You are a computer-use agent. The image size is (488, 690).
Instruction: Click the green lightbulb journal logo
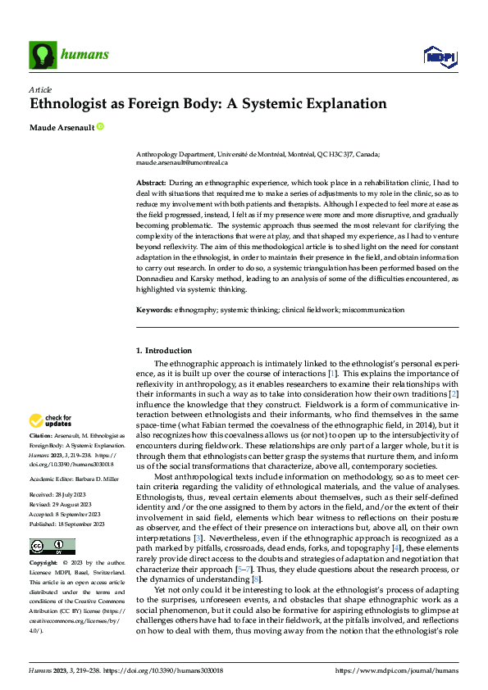[x=42, y=54]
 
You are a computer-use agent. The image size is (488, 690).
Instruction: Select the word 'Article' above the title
[x=40, y=89]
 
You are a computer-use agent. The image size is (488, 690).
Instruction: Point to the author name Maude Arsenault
[x=61, y=127]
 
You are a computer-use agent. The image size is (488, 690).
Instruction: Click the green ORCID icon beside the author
[x=101, y=127]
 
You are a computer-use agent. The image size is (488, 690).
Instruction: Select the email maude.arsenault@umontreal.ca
[x=182, y=163]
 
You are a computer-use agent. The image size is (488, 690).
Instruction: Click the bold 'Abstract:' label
[x=150, y=183]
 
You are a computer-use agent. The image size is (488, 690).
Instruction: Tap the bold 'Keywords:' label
[x=153, y=310]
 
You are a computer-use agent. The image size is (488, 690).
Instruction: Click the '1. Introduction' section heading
[x=164, y=351]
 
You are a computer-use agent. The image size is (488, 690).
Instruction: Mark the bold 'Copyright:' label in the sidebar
[x=43, y=564]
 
